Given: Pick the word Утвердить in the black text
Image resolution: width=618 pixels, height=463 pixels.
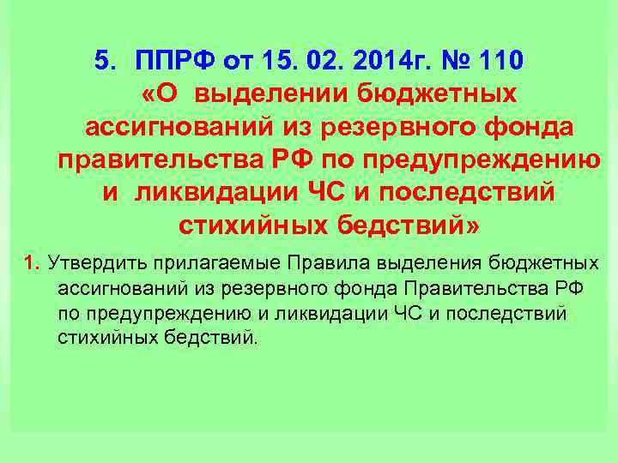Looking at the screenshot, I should coord(89,261).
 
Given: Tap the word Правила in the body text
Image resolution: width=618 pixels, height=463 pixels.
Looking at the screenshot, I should coord(290,261).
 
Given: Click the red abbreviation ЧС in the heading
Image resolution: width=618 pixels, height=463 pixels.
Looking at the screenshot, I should coord(327,192).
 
